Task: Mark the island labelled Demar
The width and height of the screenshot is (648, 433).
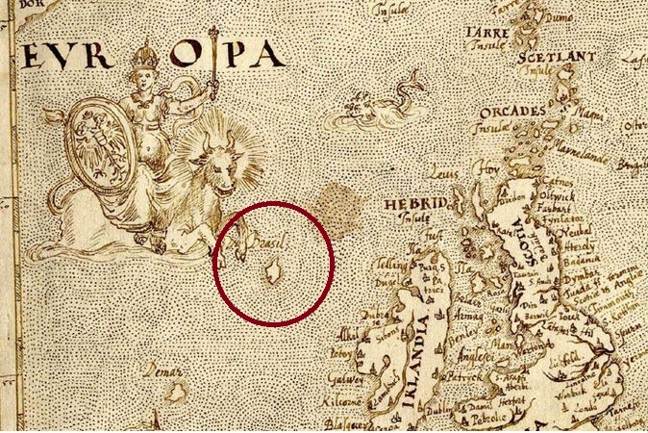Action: (x=176, y=391)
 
